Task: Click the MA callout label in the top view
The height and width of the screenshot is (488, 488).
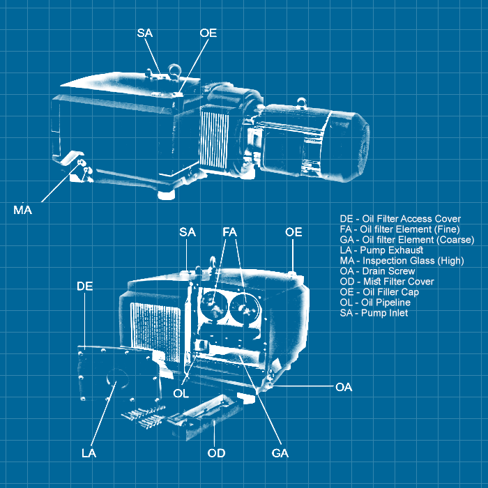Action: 23,209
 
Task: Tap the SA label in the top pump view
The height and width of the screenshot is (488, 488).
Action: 145,33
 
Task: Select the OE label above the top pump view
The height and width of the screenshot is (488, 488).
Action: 208,33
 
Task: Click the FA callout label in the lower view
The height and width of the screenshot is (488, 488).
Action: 231,232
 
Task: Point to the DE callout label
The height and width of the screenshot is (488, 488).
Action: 85,287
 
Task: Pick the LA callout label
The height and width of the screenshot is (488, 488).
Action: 89,453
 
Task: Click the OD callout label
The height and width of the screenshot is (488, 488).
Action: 216,453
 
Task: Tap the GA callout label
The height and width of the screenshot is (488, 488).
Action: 280,453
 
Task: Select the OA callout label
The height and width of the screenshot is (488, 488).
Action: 344,387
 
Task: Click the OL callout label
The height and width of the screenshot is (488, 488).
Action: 181,393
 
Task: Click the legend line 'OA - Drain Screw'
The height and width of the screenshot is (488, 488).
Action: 377,270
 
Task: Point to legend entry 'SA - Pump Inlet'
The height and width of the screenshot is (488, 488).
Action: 374,313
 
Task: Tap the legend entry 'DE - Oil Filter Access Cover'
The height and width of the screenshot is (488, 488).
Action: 400,218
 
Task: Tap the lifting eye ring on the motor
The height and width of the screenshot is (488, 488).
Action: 301,103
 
